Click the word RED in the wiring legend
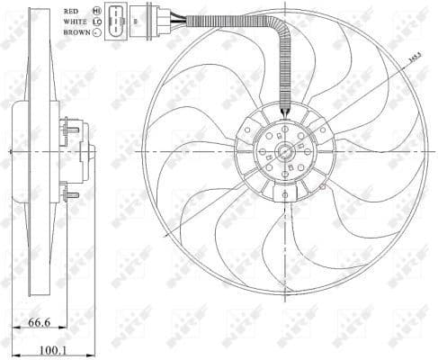pos(71,10)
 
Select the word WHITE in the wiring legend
pos(76,20)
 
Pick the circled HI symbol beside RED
pos(96,10)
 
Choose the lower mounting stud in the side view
pos(70,193)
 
